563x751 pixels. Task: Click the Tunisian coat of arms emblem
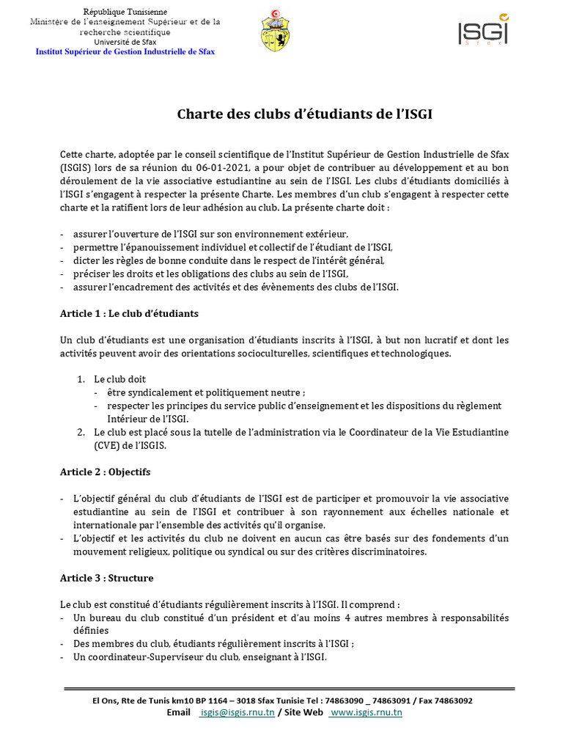[275, 30]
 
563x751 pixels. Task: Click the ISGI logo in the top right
[482, 31]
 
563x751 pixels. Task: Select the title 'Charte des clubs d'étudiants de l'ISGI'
[310, 114]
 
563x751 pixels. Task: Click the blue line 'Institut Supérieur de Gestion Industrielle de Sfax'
[125, 52]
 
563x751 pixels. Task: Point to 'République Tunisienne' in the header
[125, 12]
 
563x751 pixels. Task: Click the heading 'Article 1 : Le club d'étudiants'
[129, 313]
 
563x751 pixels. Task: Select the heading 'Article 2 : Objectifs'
[105, 472]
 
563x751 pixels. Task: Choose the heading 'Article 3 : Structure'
[107, 578]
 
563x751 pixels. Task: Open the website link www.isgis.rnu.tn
[366, 712]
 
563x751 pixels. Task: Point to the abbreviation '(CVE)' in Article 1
[108, 445]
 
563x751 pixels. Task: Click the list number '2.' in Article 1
[81, 432]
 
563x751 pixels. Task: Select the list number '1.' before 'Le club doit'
[81, 379]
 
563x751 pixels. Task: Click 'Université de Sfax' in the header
[125, 43]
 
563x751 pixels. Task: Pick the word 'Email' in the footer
[179, 712]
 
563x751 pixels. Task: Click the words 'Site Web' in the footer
[303, 712]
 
